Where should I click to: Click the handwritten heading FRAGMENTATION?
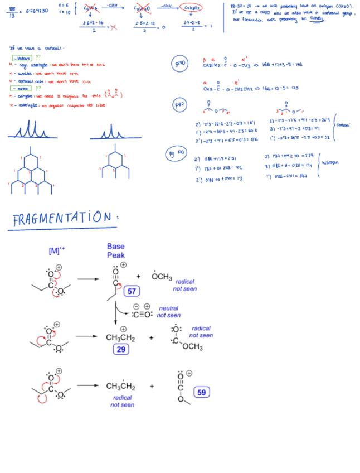tap(65, 219)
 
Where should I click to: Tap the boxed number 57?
tap(133, 291)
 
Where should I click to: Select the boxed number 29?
tap(121, 349)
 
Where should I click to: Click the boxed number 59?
tap(202, 392)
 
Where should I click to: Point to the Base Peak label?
tap(116, 251)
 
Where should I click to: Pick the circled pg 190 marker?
tap(174, 152)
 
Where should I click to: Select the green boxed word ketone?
tap(22, 57)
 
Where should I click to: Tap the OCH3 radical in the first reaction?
tap(161, 277)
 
